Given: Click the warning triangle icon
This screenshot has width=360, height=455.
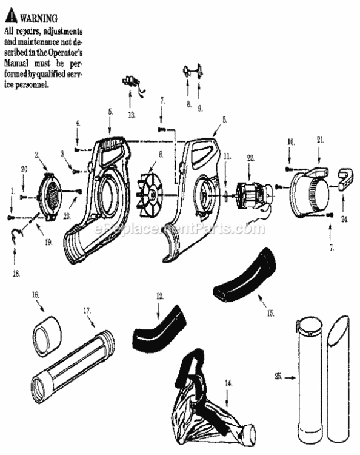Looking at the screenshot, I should (9, 18).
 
